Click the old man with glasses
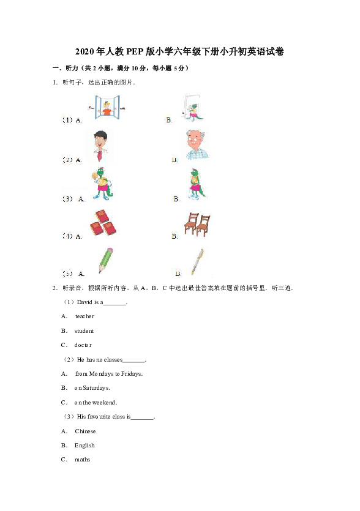(x=197, y=146)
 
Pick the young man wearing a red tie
(x=102, y=147)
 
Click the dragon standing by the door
(x=193, y=109)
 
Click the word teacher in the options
(x=84, y=316)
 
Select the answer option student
(x=84, y=331)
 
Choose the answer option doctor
(x=83, y=345)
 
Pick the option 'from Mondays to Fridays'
(x=108, y=374)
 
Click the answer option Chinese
(x=85, y=431)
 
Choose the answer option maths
(x=82, y=460)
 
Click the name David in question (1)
(x=84, y=302)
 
